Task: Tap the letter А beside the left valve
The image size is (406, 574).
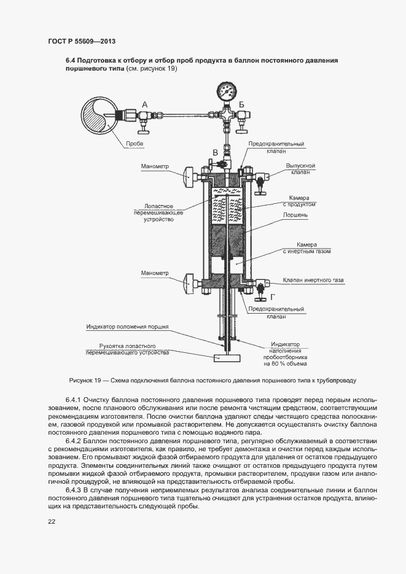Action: [x=145, y=105]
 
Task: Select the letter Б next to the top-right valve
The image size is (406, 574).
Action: [x=241, y=104]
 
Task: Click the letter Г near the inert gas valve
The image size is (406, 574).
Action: [x=272, y=297]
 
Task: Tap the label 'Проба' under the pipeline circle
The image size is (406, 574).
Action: [x=135, y=144]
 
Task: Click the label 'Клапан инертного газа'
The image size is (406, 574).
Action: [x=313, y=281]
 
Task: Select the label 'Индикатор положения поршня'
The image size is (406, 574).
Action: [x=127, y=327]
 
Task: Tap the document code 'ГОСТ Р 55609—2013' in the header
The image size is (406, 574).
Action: [x=82, y=41]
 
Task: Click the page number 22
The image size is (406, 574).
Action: [x=52, y=521]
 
